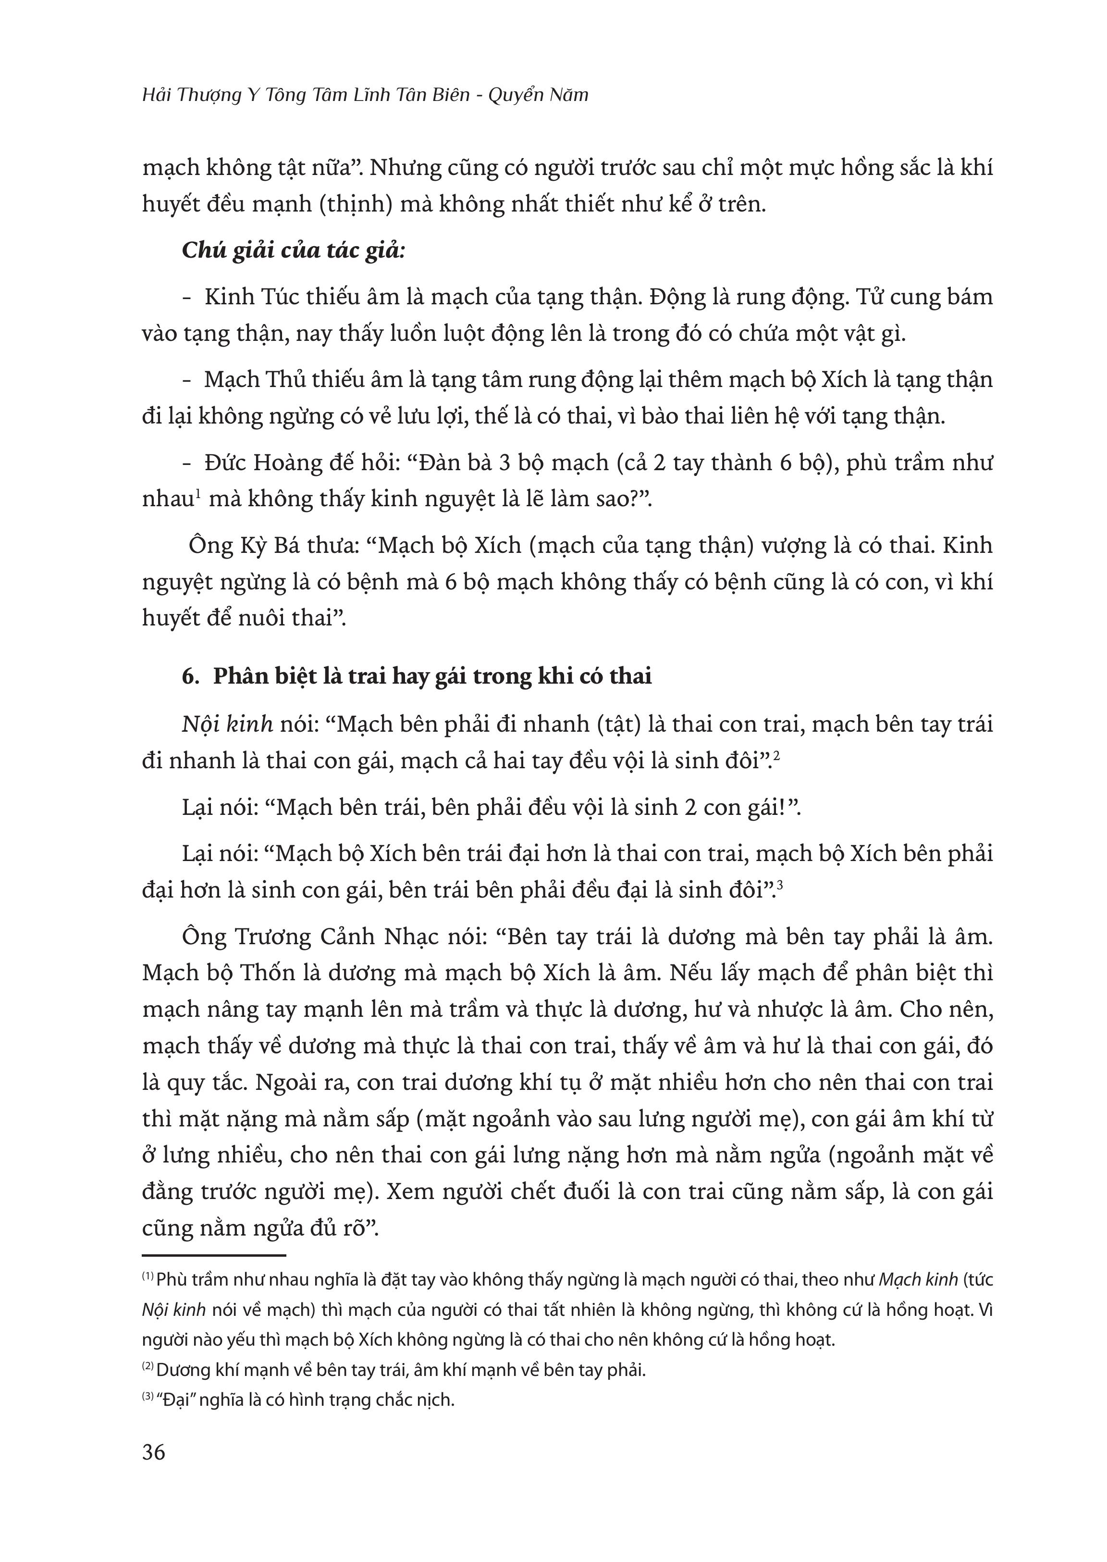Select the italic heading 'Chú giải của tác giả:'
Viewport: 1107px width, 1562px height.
point(293,250)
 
